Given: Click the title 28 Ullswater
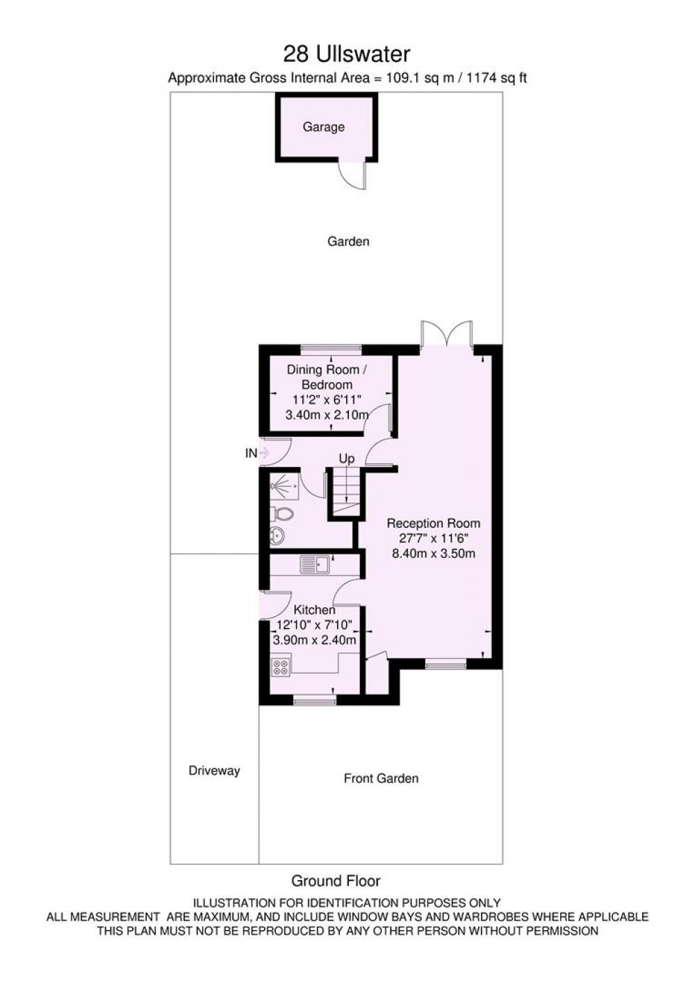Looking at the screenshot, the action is [x=346, y=54].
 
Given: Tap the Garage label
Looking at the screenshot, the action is [x=323, y=127].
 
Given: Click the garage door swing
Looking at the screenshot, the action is [x=354, y=176].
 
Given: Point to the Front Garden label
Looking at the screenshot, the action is [x=381, y=779].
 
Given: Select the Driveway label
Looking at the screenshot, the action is [x=214, y=771].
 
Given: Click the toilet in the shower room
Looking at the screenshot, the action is [x=282, y=514].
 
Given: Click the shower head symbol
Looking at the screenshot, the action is [x=277, y=486].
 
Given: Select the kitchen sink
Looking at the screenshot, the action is [x=315, y=564].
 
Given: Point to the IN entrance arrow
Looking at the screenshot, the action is [x=264, y=452].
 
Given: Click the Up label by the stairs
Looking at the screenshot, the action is [x=346, y=459].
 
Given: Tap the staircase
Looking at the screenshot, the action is [x=346, y=494].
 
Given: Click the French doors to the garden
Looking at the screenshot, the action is [x=446, y=334].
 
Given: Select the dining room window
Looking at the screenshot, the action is [x=331, y=349].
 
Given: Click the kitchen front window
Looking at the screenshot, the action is [x=314, y=702].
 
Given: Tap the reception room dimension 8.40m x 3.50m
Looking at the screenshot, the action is [x=433, y=554].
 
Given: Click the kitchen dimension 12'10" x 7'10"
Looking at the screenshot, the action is [x=314, y=625].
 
